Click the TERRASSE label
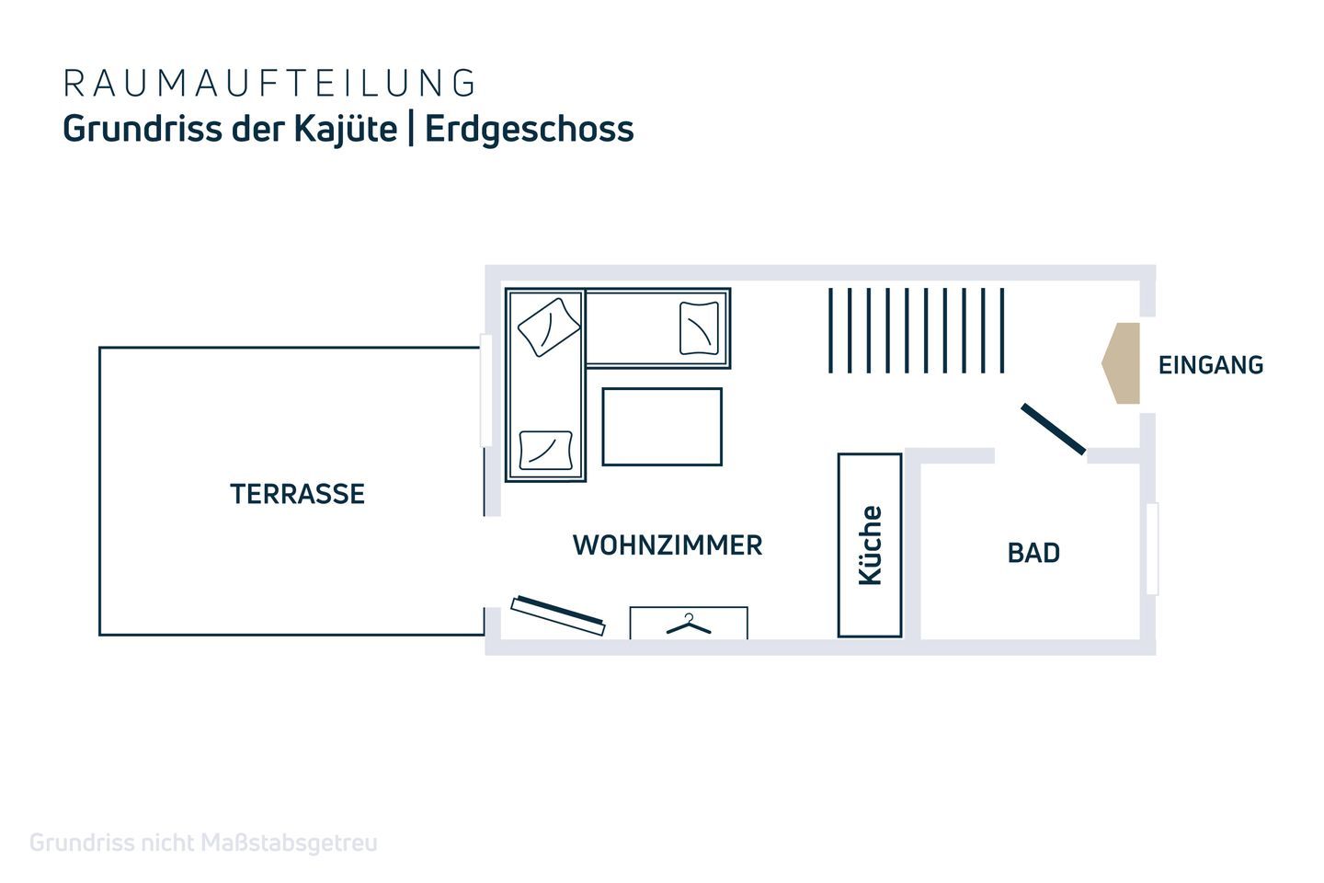(297, 494)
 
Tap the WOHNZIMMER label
(668, 545)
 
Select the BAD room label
(1033, 553)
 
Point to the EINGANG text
(1211, 365)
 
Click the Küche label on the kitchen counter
(870, 545)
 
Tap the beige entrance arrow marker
(1121, 363)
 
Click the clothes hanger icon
(689, 625)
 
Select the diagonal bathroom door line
(1054, 430)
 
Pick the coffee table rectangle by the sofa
(662, 427)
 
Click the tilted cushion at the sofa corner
(549, 327)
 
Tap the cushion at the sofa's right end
(699, 328)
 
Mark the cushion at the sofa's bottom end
(545, 450)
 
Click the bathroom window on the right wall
(1152, 549)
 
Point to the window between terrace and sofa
(485, 390)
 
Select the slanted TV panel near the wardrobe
(558, 615)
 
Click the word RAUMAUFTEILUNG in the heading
(268, 83)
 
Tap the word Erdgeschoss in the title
(530, 130)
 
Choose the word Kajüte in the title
(346, 130)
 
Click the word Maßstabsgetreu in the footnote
(289, 843)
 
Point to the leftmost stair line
(830, 330)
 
